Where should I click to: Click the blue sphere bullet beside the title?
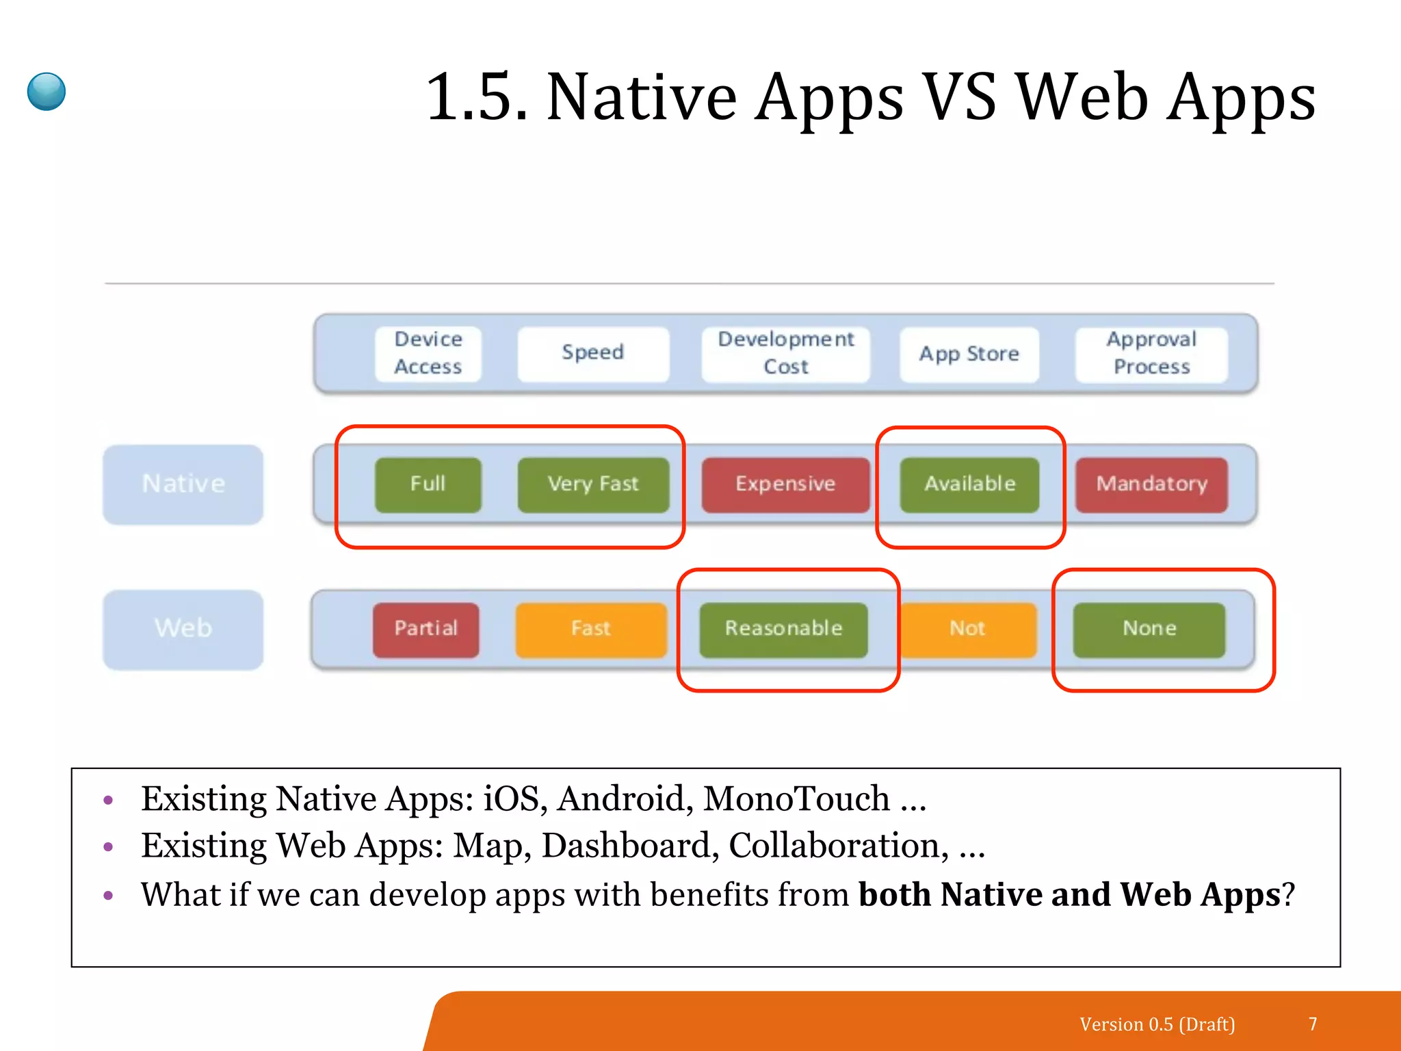tap(47, 92)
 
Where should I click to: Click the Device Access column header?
tap(428, 353)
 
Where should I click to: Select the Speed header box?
tap(592, 353)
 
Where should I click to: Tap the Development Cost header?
tap(785, 353)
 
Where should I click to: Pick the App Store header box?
tap(969, 354)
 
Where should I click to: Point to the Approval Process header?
tap(1151, 353)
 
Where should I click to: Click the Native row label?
tap(183, 484)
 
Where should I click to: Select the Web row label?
tap(183, 628)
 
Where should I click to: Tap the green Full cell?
tap(428, 484)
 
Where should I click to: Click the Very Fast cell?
tap(592, 484)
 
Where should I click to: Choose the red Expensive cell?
tap(785, 484)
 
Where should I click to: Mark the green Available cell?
tap(969, 484)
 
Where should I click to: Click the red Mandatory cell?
tap(1151, 484)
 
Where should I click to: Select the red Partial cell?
tap(425, 629)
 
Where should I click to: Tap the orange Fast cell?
tap(591, 629)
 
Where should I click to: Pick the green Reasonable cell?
tap(783, 629)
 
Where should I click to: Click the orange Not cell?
tap(967, 629)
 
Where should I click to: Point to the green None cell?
tap(1149, 629)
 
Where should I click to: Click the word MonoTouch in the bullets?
tap(796, 799)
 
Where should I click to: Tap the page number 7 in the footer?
tap(1313, 1024)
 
